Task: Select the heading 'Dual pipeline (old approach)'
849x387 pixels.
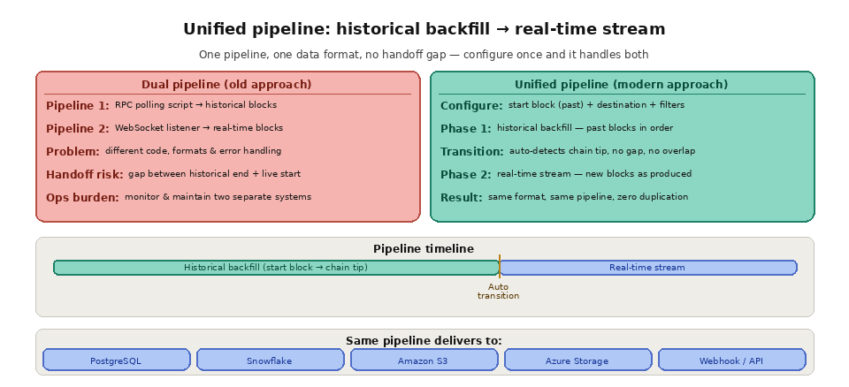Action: pyautogui.click(x=226, y=85)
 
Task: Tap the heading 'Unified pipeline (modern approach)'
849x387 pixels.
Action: pyautogui.click(x=621, y=85)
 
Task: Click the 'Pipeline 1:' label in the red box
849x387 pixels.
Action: pyautogui.click(x=78, y=106)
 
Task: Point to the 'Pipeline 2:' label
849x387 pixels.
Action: pyautogui.click(x=78, y=129)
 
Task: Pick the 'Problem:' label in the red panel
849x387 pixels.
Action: pyautogui.click(x=73, y=152)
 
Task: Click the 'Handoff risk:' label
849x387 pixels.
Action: pyautogui.click(x=85, y=175)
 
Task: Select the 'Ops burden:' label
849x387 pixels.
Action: pyautogui.click(x=82, y=198)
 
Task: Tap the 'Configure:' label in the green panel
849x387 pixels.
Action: pyautogui.click(x=471, y=106)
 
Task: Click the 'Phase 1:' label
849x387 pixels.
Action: pyautogui.click(x=465, y=129)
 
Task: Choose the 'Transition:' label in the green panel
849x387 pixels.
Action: pyautogui.click(x=471, y=152)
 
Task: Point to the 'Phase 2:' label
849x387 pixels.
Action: pyautogui.click(x=465, y=175)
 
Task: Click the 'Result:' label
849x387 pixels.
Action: pyautogui.click(x=461, y=198)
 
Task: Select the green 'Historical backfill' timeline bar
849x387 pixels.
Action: pyautogui.click(x=276, y=268)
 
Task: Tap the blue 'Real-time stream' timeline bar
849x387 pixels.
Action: pyautogui.click(x=647, y=268)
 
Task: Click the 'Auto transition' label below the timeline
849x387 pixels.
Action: pyautogui.click(x=498, y=291)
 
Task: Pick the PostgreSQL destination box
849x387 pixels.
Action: pyautogui.click(x=116, y=360)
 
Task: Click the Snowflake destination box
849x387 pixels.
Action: pyautogui.click(x=270, y=360)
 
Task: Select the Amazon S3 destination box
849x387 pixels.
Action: pyautogui.click(x=424, y=360)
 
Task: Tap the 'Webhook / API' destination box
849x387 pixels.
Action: pyautogui.click(x=731, y=360)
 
